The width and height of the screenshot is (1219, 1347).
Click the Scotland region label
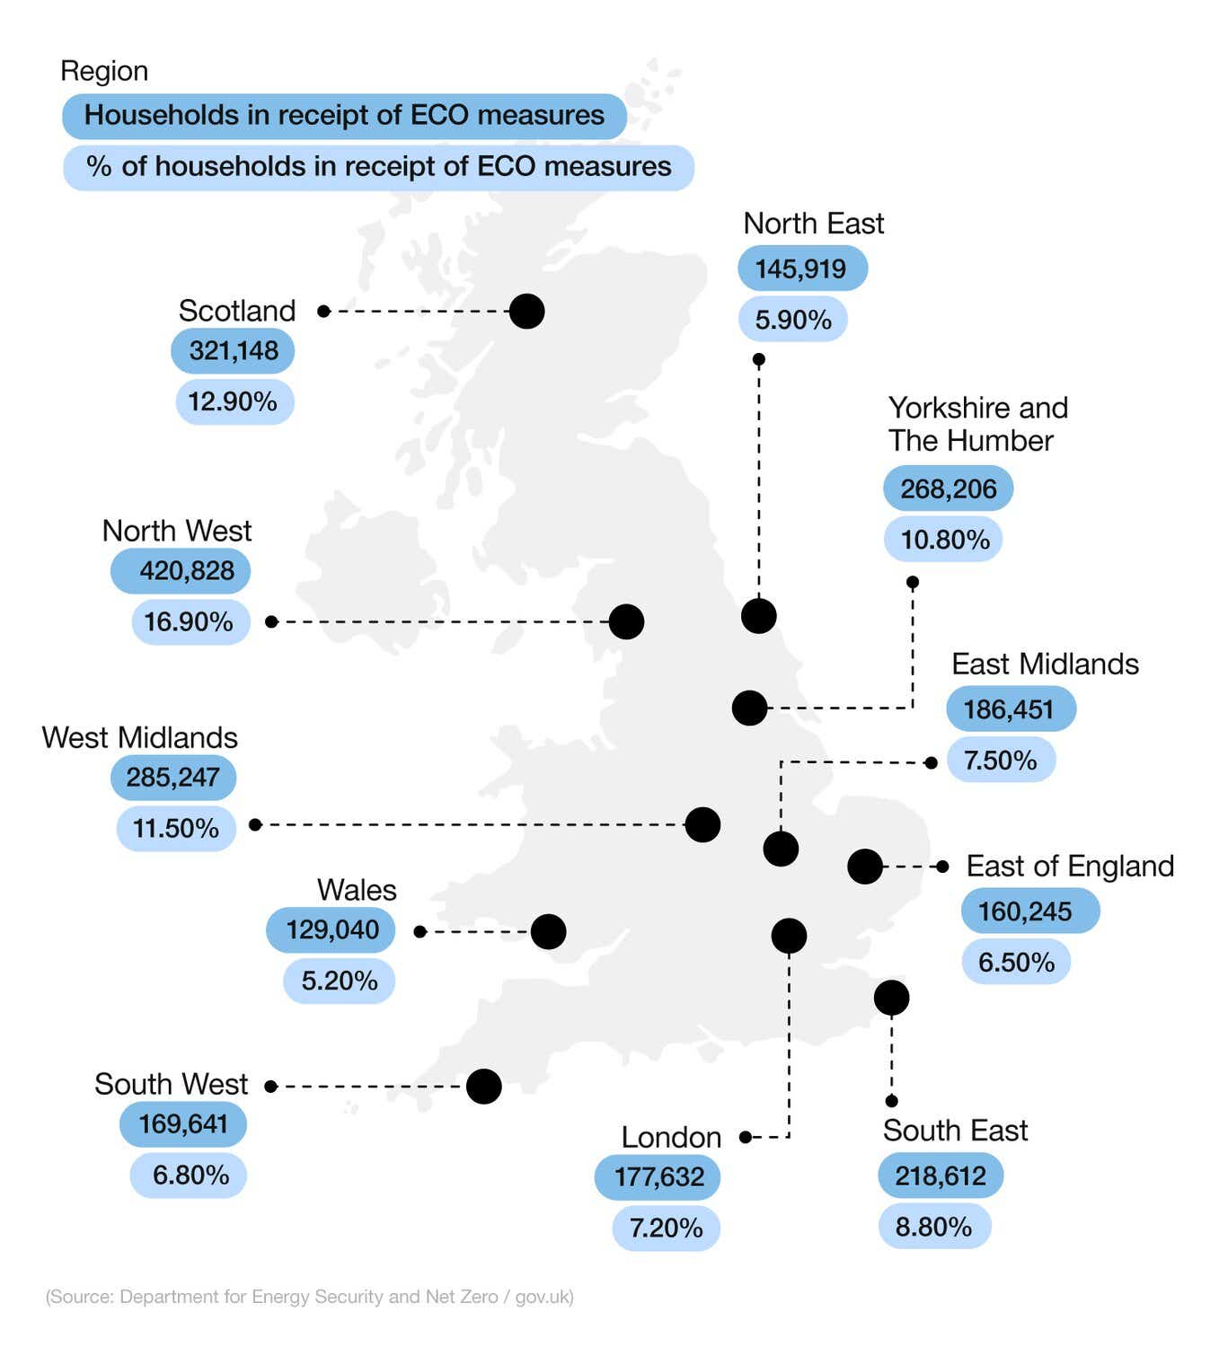(x=237, y=311)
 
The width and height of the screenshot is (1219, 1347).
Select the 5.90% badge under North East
(x=792, y=320)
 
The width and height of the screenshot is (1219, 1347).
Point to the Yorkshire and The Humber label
(x=977, y=424)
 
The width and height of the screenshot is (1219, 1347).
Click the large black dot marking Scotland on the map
(x=526, y=312)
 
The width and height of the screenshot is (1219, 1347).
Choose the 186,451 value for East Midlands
(x=1010, y=709)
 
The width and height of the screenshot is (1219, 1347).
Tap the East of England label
(x=1069, y=867)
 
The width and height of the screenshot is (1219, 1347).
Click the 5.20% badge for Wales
(x=339, y=981)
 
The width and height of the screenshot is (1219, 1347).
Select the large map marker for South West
(x=483, y=1087)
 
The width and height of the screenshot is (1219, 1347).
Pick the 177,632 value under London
(x=658, y=1177)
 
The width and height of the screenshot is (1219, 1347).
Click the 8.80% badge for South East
(x=933, y=1227)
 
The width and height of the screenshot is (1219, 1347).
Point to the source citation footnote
(x=310, y=1297)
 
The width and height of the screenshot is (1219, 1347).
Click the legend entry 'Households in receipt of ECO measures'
(x=344, y=116)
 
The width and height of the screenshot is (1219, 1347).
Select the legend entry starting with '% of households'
(x=378, y=167)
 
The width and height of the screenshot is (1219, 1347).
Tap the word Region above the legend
(x=104, y=71)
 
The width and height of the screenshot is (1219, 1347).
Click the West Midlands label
(x=139, y=738)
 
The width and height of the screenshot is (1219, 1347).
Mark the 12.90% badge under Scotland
(x=234, y=401)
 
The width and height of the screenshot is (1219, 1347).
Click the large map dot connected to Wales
(x=548, y=932)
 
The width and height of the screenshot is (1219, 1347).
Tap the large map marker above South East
(x=891, y=998)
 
